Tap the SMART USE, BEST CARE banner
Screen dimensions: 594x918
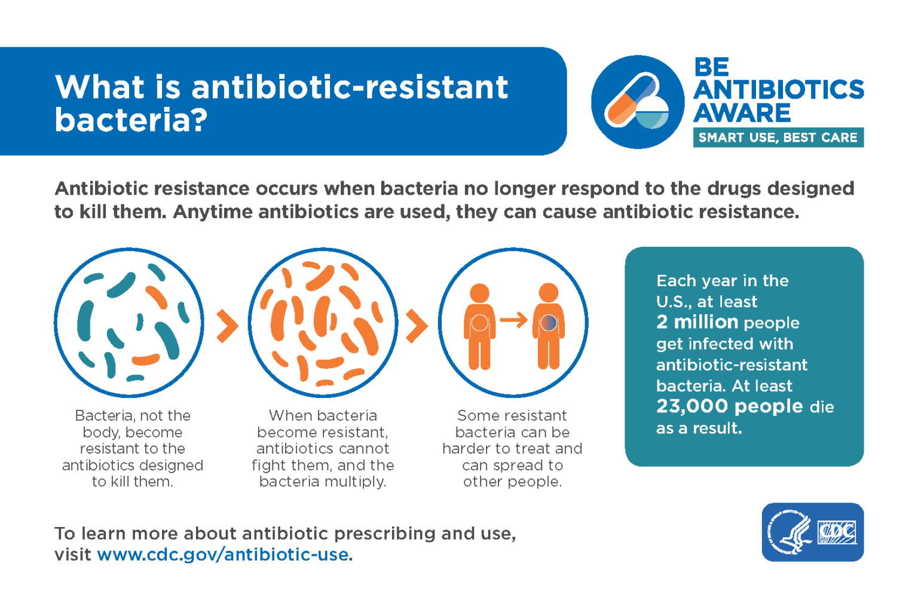[778, 137]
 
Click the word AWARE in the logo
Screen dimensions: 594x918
[742, 113]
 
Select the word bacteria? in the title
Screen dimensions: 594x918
[131, 120]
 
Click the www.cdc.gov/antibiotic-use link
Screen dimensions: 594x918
[222, 555]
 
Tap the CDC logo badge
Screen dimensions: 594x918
[812, 532]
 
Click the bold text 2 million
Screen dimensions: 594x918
[697, 322]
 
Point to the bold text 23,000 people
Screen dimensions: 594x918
[729, 406]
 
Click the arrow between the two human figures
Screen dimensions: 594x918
[513, 320]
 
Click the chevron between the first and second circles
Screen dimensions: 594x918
[227, 326]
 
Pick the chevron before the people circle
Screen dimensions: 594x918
[417, 326]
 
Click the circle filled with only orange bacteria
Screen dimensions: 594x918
[323, 323]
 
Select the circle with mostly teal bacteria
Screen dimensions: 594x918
[129, 323]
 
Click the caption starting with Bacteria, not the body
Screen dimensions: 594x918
[132, 448]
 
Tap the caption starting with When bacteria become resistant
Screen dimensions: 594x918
[323, 448]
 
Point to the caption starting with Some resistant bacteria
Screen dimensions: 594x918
[512, 448]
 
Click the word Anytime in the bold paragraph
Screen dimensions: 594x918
[212, 212]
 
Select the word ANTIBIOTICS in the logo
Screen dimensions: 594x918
[778, 90]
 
